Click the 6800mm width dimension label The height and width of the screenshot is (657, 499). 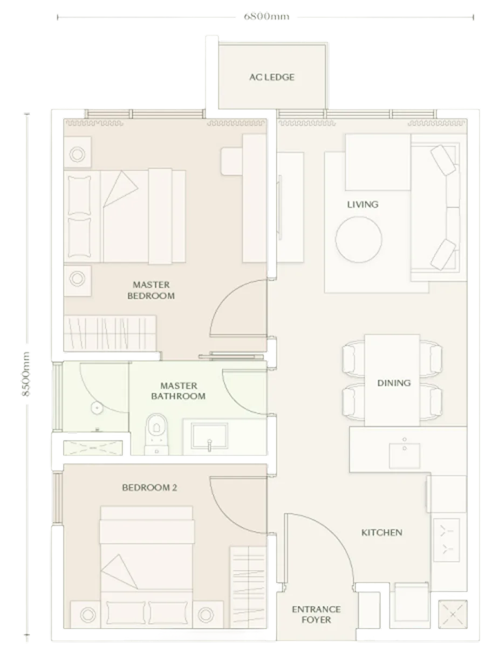(x=266, y=16)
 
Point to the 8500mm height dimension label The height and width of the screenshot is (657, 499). (x=26, y=374)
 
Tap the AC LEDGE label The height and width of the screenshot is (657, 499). (x=272, y=77)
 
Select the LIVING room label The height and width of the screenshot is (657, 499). (x=363, y=205)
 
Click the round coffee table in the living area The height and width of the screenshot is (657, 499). (x=359, y=239)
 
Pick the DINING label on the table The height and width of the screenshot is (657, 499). (x=394, y=383)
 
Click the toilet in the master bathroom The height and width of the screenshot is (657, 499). (x=156, y=434)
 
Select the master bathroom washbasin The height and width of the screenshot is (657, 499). (x=209, y=436)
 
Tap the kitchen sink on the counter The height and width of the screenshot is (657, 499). (x=404, y=455)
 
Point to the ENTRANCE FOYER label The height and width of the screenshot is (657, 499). (x=316, y=614)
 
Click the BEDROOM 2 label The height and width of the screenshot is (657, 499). (x=149, y=487)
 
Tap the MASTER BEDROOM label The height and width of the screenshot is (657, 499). (x=151, y=290)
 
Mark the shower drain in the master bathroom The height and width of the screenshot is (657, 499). (x=97, y=408)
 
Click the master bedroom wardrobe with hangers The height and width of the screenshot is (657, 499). (x=110, y=333)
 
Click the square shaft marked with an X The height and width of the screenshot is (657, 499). (x=453, y=614)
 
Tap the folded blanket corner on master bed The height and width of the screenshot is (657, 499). (x=120, y=188)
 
